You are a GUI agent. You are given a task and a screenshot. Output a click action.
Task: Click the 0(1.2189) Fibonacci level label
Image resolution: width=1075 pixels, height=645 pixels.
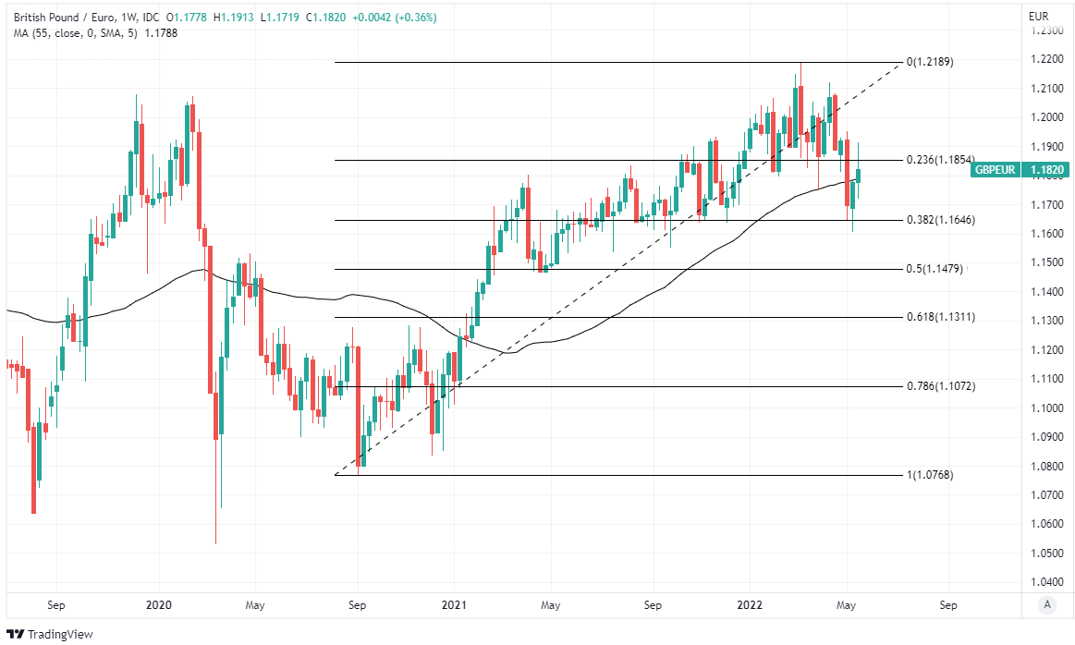tap(929, 62)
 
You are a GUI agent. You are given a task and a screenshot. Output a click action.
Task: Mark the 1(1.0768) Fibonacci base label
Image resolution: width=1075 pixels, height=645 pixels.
tap(929, 475)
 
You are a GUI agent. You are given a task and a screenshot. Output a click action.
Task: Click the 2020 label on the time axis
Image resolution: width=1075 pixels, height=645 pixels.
tap(159, 605)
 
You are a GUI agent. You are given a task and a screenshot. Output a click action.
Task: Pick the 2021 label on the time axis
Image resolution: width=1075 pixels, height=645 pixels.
tap(454, 605)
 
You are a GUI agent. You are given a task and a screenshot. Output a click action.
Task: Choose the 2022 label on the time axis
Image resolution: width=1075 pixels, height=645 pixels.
tap(750, 605)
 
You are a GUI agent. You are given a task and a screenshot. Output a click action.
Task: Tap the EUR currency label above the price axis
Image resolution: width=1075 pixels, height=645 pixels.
tap(1038, 17)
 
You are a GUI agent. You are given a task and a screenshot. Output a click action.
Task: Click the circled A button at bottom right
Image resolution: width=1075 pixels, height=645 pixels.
tap(1046, 604)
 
